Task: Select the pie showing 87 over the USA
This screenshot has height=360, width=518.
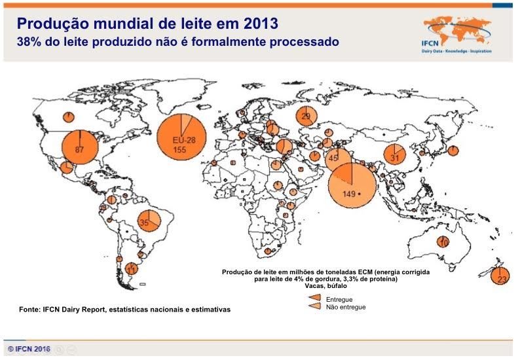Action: click(80, 148)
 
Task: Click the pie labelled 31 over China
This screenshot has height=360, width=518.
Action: click(395, 155)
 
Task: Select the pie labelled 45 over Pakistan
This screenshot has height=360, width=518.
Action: click(337, 158)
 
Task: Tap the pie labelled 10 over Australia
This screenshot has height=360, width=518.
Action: click(443, 242)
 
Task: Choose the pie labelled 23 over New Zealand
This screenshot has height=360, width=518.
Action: click(500, 276)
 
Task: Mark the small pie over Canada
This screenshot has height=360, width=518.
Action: click(68, 117)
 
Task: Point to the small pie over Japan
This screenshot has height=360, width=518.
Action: click(452, 151)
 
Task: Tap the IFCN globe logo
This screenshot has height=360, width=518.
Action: click(456, 29)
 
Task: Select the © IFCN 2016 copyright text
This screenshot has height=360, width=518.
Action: click(29, 349)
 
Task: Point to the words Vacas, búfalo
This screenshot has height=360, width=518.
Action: click(326, 286)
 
